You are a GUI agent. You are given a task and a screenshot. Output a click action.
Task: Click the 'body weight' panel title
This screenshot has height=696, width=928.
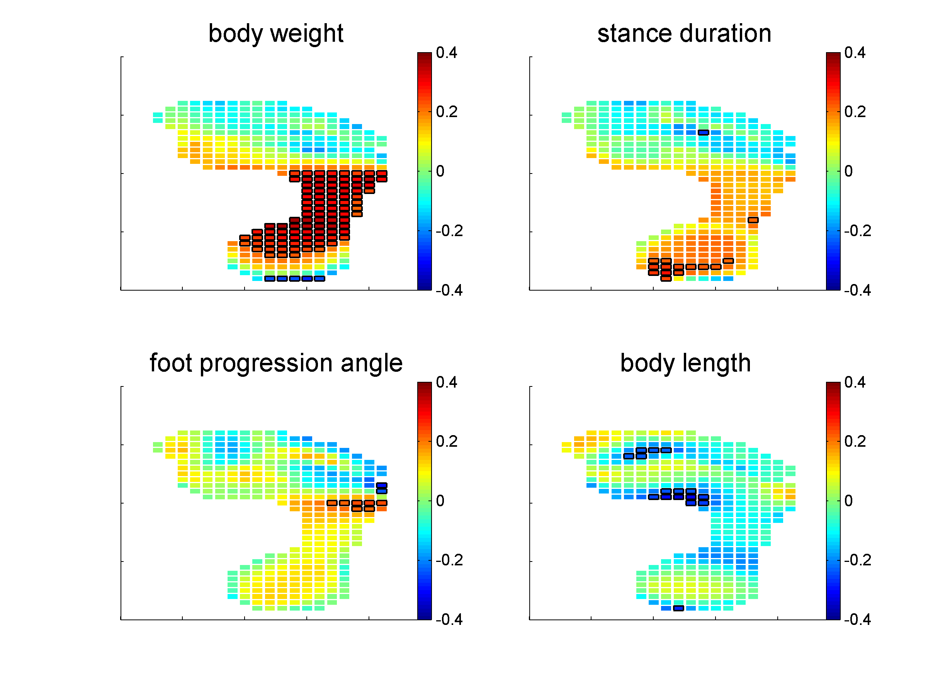pos(275,34)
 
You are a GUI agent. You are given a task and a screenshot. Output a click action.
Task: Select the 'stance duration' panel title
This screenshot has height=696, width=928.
pos(684,34)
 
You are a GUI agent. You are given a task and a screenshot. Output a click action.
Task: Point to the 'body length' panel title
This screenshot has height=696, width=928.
pos(685,363)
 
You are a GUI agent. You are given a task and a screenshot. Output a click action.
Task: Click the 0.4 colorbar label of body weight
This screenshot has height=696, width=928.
pos(446,53)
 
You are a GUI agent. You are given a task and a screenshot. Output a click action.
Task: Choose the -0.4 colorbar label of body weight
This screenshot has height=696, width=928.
pos(449,290)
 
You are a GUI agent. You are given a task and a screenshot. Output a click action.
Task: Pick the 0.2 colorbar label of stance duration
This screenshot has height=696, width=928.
pos(855,112)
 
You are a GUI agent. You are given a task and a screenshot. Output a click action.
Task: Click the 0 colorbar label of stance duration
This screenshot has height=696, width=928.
pos(848,172)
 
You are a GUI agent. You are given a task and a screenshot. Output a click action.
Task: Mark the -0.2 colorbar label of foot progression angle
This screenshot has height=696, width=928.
pos(449,560)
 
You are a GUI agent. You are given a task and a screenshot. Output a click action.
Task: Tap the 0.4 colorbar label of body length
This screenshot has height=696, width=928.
pos(855,382)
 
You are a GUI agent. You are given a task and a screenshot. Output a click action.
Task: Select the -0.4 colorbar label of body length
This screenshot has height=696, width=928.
pos(857,619)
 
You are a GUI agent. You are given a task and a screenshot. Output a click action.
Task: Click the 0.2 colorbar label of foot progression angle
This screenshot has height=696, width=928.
pos(446,441)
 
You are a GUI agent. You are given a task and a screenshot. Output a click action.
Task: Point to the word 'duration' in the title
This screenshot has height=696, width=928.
pos(727,34)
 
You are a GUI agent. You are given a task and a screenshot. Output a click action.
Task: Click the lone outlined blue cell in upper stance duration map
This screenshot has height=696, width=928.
pos(704,133)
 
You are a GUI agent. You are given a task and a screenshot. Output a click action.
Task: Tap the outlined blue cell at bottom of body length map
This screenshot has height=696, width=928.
pos(678,608)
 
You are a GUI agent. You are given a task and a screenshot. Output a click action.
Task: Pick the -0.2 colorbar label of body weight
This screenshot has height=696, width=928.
pos(449,231)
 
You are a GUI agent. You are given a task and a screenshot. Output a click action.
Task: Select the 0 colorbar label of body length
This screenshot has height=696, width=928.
pos(848,501)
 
